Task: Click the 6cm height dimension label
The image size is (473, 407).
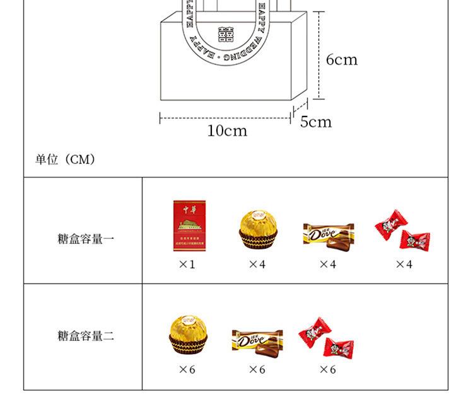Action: [341, 60]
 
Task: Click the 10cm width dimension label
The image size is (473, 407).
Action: [227, 131]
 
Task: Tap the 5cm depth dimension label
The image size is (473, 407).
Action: [315, 122]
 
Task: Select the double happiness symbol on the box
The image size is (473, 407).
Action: [225, 33]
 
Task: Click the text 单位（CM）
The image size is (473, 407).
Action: [65, 159]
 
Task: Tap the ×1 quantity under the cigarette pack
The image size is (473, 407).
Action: [187, 265]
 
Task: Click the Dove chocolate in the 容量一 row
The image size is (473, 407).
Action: [328, 234]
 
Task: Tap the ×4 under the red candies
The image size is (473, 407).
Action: [404, 265]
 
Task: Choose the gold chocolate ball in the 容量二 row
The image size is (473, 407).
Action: [187, 333]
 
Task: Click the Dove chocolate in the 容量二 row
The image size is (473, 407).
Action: [257, 340]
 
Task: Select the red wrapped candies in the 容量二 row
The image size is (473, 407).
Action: [327, 338]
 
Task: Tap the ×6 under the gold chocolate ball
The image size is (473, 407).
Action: [187, 370]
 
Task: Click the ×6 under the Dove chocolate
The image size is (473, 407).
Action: [257, 370]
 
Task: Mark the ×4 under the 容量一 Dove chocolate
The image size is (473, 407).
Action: [327, 265]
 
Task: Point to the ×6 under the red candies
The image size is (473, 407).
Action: [327, 370]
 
